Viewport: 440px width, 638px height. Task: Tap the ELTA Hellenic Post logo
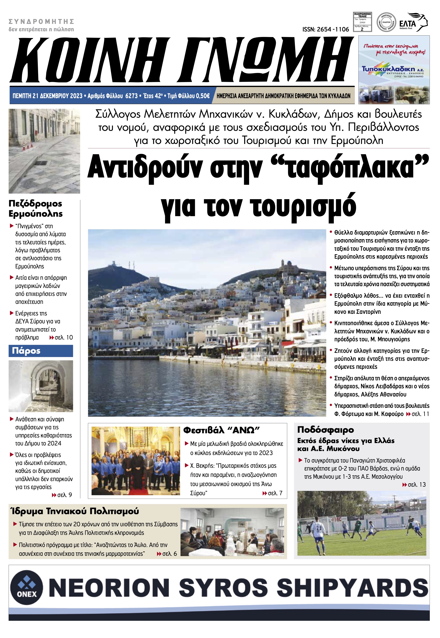(413, 23)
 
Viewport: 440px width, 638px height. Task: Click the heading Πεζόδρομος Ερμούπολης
(35, 208)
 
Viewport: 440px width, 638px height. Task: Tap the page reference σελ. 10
(63, 338)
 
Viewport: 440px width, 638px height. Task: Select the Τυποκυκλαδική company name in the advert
(389, 68)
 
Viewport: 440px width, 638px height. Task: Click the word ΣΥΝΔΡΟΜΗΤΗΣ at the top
(41, 22)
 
